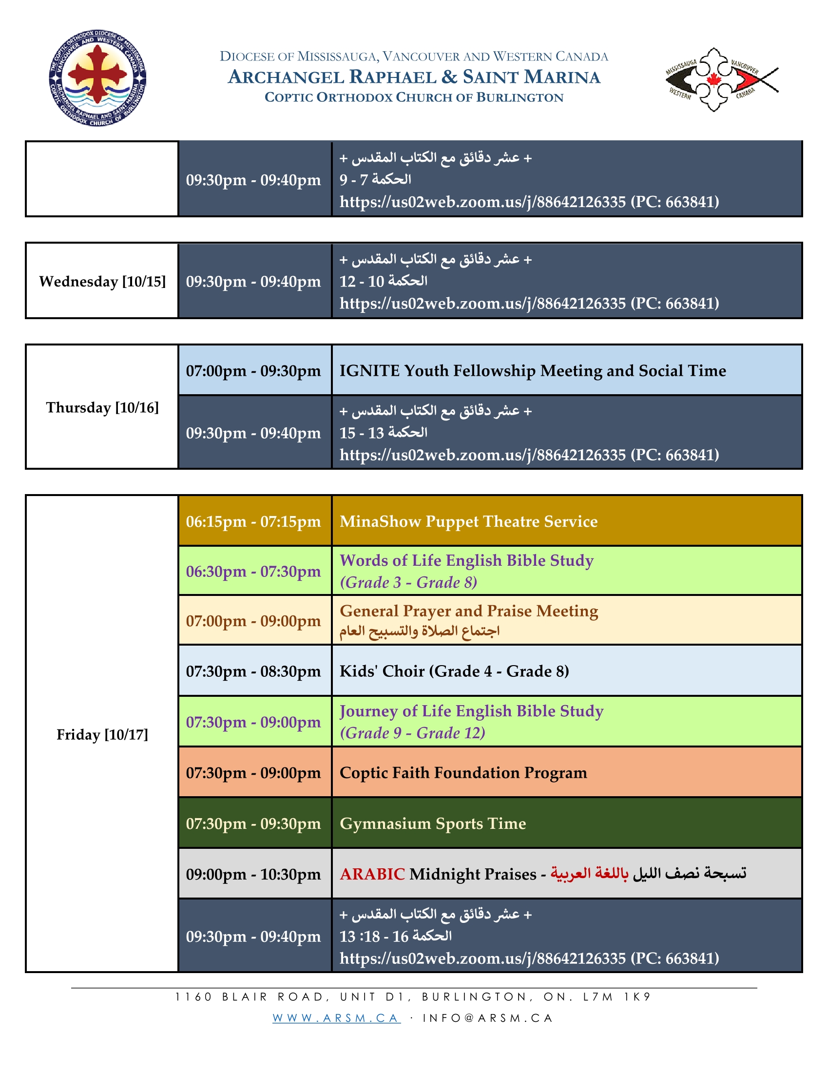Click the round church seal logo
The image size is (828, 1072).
pyautogui.click(x=97, y=78)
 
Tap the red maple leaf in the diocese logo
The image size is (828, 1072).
pyautogui.click(x=712, y=79)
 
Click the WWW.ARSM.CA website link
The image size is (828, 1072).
pyautogui.click(x=336, y=1018)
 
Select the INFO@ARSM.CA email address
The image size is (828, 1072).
pyautogui.click(x=488, y=1018)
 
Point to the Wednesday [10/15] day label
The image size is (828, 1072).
pyautogui.click(x=102, y=281)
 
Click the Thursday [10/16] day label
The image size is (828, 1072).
pyautogui.click(x=102, y=407)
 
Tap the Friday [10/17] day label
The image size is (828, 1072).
pyautogui.click(x=102, y=734)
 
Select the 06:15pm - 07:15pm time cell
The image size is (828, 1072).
pyautogui.click(x=253, y=521)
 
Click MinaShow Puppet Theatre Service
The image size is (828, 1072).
pyautogui.click(x=468, y=521)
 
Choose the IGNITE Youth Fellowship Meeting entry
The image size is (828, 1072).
pyautogui.click(x=533, y=371)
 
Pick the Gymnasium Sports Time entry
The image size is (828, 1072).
pyautogui.click(x=432, y=823)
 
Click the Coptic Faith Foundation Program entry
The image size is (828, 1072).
pyautogui.click(x=463, y=773)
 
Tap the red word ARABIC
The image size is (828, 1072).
pyautogui.click(x=372, y=874)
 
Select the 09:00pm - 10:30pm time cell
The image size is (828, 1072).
pyautogui.click(x=253, y=874)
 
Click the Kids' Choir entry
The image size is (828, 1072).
pyautogui.click(x=454, y=671)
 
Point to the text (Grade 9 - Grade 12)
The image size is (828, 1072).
pyautogui.click(x=412, y=733)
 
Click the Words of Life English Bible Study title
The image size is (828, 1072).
pyautogui.click(x=466, y=560)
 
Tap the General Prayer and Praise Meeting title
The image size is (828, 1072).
pyautogui.click(x=469, y=611)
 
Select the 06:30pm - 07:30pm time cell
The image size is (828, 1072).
pyautogui.click(x=253, y=572)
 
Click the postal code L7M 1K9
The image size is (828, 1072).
pyautogui.click(x=616, y=997)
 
